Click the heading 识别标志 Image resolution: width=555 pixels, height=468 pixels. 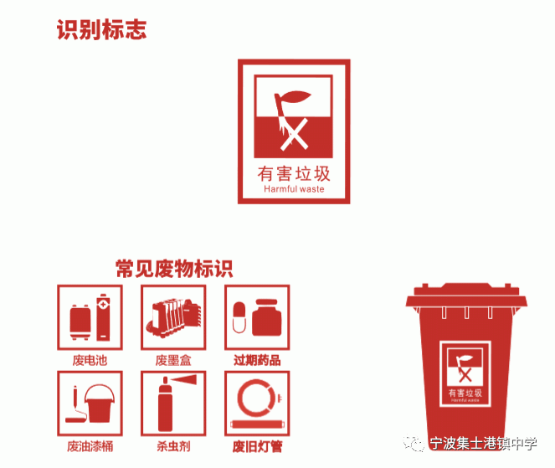point(101,29)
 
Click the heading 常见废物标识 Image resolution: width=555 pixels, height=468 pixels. point(174,269)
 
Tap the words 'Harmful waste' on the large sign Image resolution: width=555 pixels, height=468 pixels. point(294,189)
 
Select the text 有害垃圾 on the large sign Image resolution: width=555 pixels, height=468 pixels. point(294,174)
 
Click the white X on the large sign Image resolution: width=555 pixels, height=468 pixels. point(295,135)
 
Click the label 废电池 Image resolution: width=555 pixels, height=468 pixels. point(90,360)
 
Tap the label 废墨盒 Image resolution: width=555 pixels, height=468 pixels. point(173,360)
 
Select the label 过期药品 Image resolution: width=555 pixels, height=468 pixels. point(257,360)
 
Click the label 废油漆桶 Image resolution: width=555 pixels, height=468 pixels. point(90,446)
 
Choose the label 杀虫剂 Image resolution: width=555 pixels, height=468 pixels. point(173,446)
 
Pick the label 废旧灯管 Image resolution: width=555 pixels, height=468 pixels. point(257,446)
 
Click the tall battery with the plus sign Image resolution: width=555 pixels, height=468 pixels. point(103,317)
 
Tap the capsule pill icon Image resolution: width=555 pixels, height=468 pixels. point(239,317)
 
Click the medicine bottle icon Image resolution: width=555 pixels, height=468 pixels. point(266,318)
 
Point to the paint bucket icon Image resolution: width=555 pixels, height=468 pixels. point(100,404)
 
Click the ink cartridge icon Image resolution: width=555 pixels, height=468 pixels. point(174,318)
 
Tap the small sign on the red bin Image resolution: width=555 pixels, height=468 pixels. point(465,374)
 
